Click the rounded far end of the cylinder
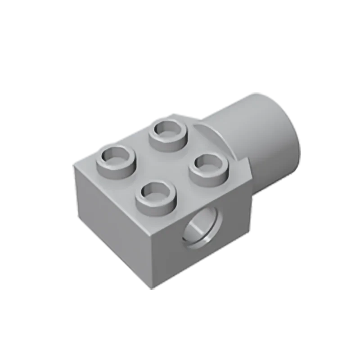(x=288, y=135)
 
